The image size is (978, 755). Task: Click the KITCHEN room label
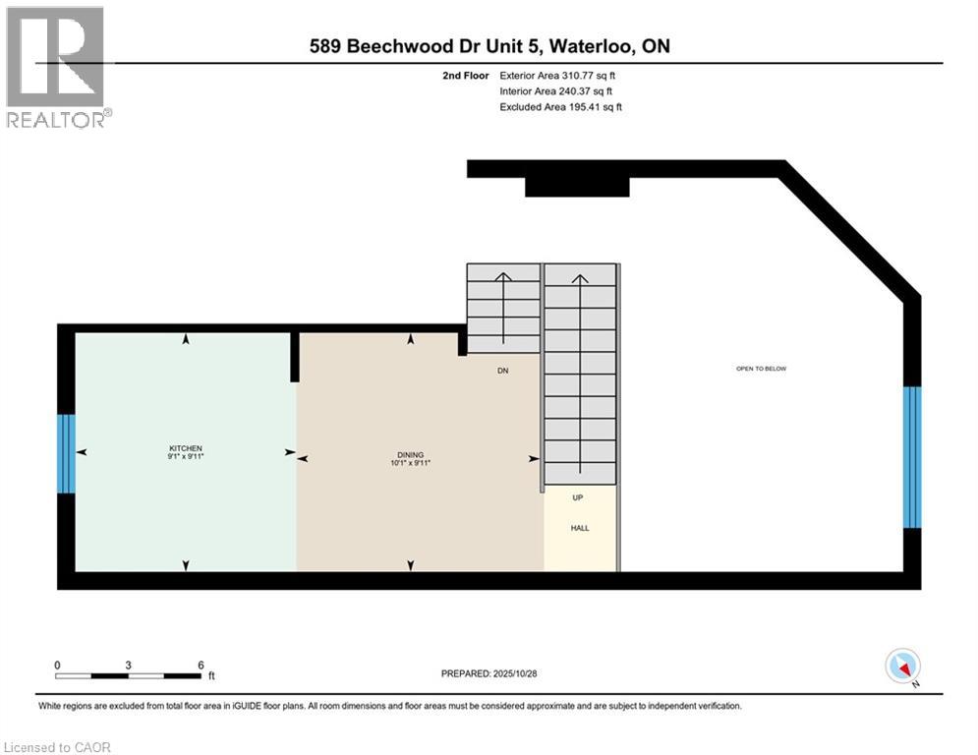point(185,448)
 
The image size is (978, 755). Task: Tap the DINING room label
point(410,454)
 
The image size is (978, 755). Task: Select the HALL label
point(580,528)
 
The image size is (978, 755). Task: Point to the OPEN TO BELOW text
point(762,369)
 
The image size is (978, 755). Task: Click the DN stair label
point(501,370)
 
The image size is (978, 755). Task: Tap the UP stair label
point(578,497)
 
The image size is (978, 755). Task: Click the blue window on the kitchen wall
point(66,453)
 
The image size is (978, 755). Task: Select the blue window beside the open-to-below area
point(912,457)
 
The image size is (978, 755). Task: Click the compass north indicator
point(902,667)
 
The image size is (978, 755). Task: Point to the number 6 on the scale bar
point(201,665)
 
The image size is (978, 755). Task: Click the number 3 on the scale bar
point(129,665)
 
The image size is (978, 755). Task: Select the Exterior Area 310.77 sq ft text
point(557,75)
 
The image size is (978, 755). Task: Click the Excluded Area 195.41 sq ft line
point(560,106)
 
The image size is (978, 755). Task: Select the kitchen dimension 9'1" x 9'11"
point(185,457)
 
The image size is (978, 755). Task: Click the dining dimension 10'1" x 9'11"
point(410,463)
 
